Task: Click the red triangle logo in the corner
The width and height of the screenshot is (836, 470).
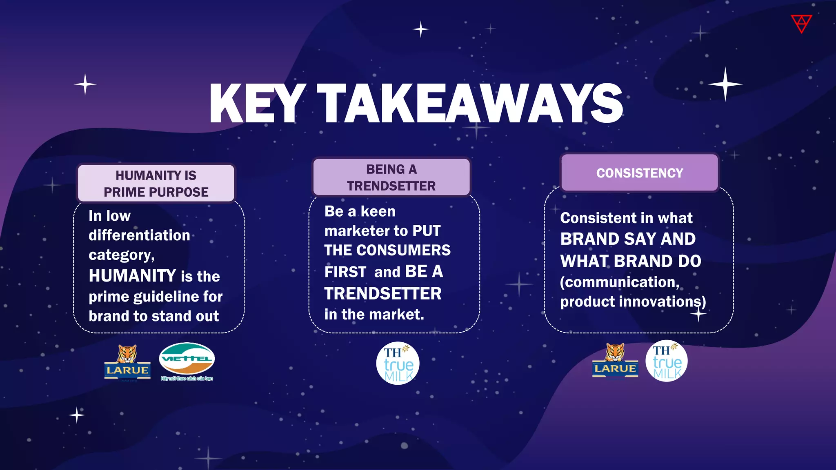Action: coord(801,23)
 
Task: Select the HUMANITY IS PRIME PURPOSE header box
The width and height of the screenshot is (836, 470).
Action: coord(156,184)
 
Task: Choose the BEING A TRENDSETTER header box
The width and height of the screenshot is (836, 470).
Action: coord(391,177)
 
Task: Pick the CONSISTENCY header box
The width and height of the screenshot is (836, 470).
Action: coord(639,173)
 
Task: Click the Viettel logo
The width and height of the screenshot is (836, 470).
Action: coord(187,360)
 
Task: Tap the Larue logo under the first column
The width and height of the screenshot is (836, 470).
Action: coord(127,362)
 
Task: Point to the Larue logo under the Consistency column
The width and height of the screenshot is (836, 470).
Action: coord(615,361)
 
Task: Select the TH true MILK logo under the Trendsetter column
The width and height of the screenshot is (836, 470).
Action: coord(398,363)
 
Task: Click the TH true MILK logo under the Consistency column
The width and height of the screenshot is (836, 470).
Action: coord(666,361)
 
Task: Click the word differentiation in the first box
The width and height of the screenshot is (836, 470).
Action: coord(139,235)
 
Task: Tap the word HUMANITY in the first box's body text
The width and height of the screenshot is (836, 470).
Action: coord(132,276)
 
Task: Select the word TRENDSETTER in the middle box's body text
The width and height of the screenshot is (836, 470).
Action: coord(383,294)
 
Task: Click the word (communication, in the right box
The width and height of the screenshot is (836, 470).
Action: coord(620,282)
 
